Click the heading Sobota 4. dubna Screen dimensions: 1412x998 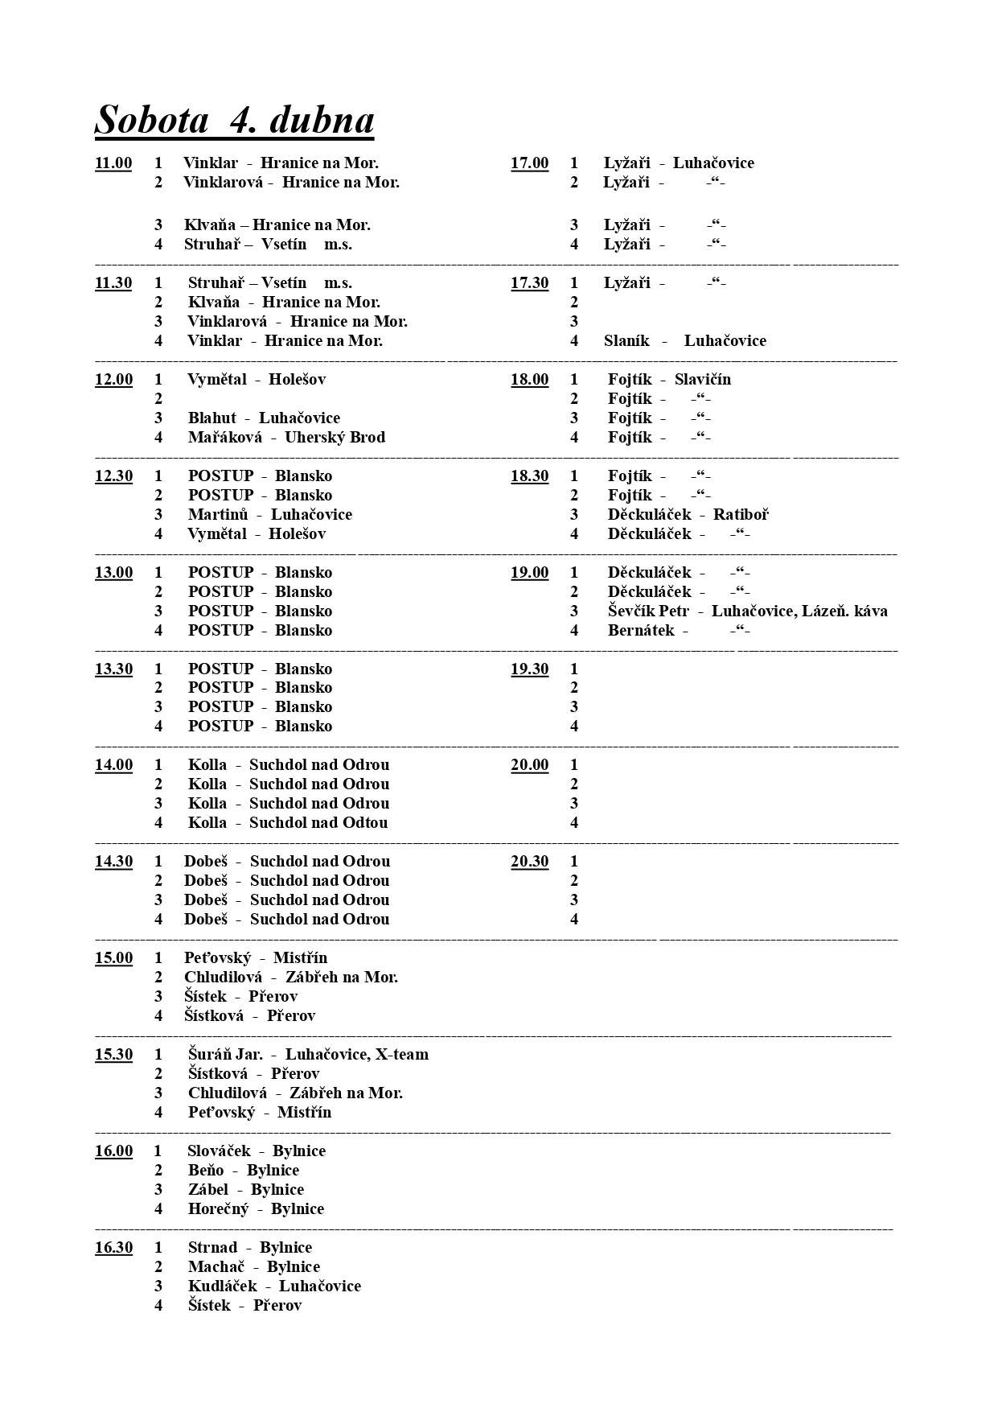point(234,120)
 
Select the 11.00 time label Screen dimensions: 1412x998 point(113,163)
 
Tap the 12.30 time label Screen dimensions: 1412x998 point(113,476)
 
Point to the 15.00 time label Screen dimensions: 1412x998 point(113,958)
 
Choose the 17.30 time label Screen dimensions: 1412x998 point(529,283)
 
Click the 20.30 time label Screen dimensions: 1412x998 point(529,862)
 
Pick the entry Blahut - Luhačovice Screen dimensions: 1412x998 point(264,418)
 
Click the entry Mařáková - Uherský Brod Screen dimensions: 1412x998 point(286,438)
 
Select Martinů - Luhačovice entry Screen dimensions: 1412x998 point(269,515)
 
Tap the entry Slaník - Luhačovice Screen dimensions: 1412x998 point(684,341)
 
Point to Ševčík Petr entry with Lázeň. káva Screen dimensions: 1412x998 point(747,611)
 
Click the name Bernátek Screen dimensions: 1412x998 point(641,631)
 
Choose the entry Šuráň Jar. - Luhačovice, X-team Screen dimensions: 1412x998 point(308,1055)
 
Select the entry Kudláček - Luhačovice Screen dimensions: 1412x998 point(274,1286)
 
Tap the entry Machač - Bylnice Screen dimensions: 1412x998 point(253,1267)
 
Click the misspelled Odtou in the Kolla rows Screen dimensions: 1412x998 point(366,823)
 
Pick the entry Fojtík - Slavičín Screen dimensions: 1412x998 point(669,380)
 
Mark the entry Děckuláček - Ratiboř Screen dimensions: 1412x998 point(688,515)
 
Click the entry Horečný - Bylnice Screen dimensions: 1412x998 point(256,1209)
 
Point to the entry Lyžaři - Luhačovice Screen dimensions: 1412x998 point(679,163)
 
